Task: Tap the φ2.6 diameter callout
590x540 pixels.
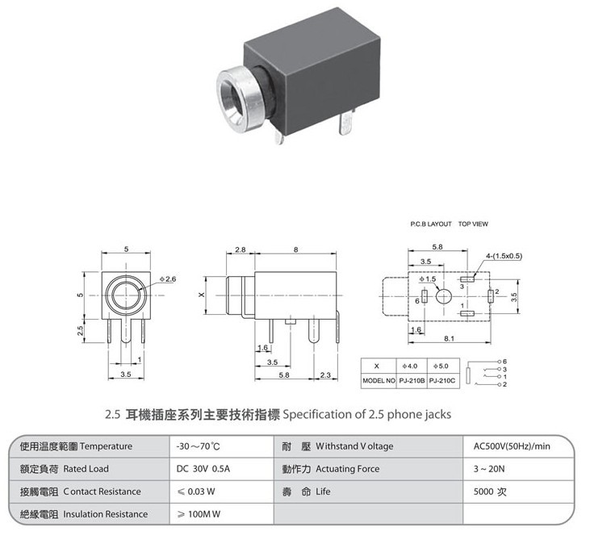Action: coord(168,279)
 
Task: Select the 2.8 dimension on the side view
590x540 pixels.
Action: coord(240,249)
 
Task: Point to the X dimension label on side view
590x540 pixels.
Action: coord(202,295)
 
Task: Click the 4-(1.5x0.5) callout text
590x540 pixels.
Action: coord(504,256)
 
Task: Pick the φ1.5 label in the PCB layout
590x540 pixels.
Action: coord(428,279)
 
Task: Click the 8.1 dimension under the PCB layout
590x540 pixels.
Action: coord(449,338)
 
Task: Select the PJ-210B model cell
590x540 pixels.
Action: coord(412,380)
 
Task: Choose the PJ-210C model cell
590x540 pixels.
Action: coord(442,380)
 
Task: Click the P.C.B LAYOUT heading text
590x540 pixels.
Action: coord(431,224)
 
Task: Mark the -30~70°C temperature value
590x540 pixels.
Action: coord(199,446)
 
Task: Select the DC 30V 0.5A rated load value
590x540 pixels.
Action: coord(203,469)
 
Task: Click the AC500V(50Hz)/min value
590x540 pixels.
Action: coord(512,446)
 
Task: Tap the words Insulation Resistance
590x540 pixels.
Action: coord(106,514)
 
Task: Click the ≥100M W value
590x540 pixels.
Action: coord(199,514)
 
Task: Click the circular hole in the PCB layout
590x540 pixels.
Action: coord(444,296)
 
